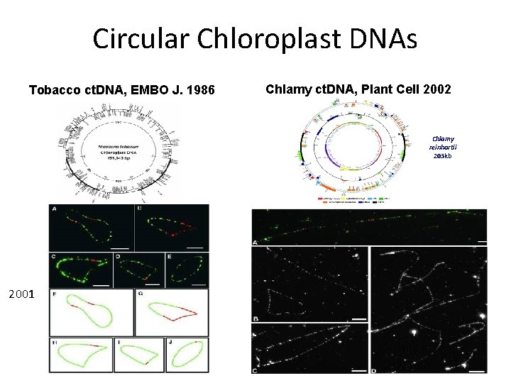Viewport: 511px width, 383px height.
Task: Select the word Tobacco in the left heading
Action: click(x=52, y=90)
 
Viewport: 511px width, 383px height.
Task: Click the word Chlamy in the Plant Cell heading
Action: click(x=285, y=89)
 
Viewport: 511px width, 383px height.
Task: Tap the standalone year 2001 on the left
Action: click(x=21, y=293)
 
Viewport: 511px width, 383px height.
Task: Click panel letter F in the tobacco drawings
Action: click(x=55, y=294)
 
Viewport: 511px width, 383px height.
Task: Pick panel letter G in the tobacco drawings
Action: click(x=141, y=294)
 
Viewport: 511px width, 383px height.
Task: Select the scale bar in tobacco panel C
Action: click(x=101, y=284)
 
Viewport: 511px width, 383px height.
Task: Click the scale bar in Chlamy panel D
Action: click(x=477, y=370)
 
